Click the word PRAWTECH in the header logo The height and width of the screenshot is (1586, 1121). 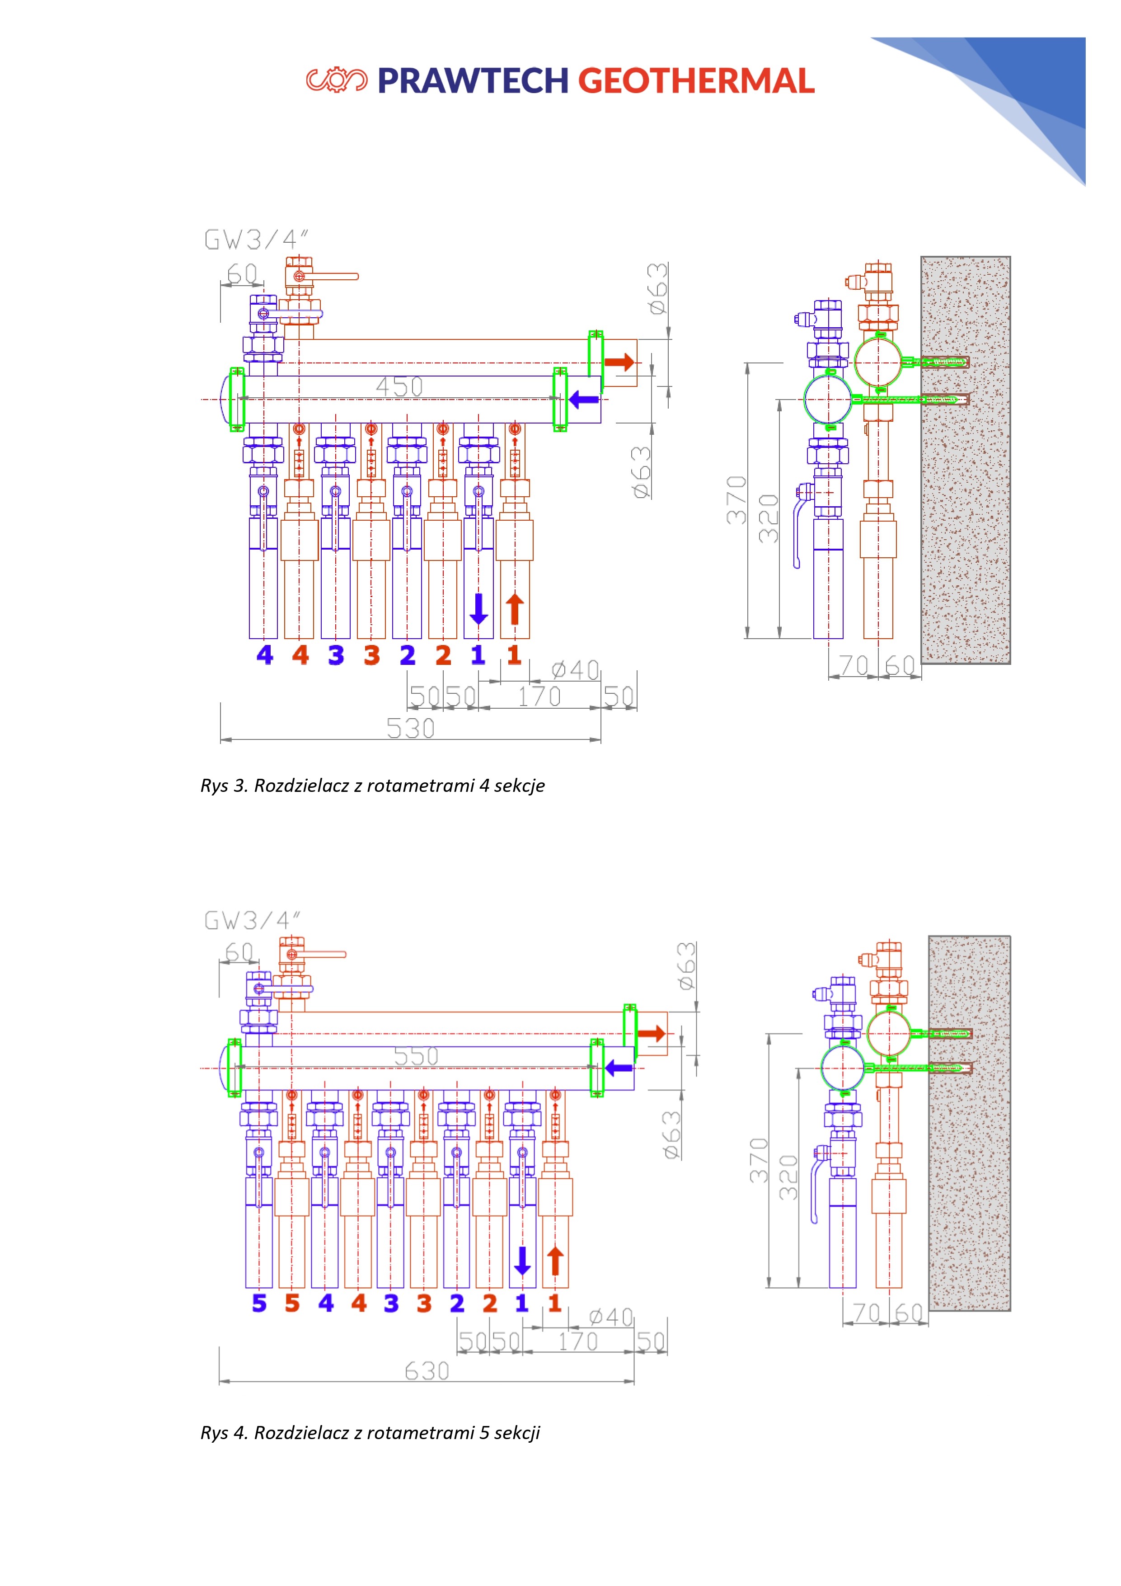click(473, 81)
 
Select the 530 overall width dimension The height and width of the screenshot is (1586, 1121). click(410, 728)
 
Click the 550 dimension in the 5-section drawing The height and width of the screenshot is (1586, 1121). click(416, 1056)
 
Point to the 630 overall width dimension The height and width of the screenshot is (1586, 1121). click(427, 1370)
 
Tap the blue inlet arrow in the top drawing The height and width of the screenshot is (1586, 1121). click(584, 399)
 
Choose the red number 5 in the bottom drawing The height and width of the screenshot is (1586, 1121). click(292, 1303)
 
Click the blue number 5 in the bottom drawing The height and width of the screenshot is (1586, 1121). click(259, 1303)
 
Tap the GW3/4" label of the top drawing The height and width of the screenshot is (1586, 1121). click(256, 240)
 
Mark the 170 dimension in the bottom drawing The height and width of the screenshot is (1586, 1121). click(577, 1341)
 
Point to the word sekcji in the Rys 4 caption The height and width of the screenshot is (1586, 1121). click(516, 1433)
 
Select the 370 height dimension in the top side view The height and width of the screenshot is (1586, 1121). click(736, 499)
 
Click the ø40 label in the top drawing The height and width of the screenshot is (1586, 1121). click(575, 669)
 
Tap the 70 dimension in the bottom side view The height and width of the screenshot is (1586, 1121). click(866, 1313)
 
